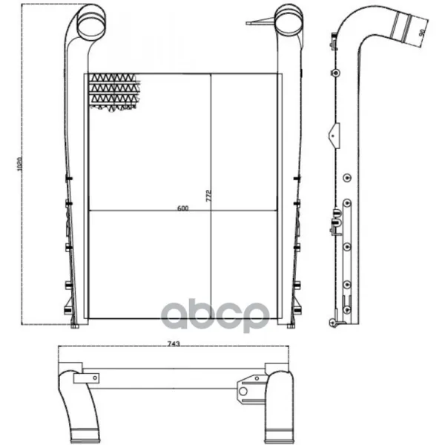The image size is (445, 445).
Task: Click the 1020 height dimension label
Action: tap(19, 165)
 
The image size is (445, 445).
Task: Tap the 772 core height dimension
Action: tap(208, 196)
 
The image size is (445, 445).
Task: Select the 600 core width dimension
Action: tap(182, 208)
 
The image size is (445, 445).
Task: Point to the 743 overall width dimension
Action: tap(174, 343)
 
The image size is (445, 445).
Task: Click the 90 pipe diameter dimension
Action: tap(423, 33)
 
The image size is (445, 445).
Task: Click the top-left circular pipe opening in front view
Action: tap(91, 25)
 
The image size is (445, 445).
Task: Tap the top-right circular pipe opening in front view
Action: tap(289, 25)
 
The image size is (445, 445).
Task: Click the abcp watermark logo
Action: tap(215, 316)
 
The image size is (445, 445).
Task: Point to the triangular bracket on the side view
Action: tap(335, 136)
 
